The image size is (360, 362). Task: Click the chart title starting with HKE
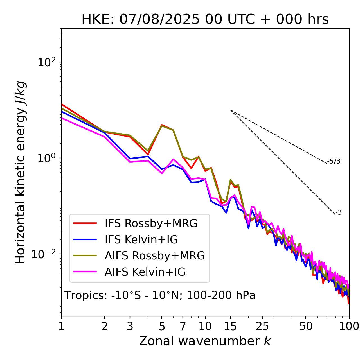[x=205, y=19]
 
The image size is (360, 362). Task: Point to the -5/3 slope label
[x=334, y=162]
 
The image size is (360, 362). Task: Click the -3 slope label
[x=338, y=213]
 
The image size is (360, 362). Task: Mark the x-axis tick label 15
[x=230, y=326]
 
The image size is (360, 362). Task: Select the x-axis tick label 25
[x=262, y=326]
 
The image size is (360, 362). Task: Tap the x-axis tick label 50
[x=306, y=326]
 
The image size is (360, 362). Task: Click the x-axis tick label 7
[x=183, y=326]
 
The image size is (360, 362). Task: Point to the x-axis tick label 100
[x=349, y=326]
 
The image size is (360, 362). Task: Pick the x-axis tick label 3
[x=130, y=326]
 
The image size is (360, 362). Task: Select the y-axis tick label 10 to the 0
[x=46, y=158]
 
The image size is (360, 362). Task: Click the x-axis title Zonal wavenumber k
[x=205, y=341]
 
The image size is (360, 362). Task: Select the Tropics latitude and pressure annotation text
[x=160, y=295]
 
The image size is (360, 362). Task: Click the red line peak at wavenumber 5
[x=162, y=125]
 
